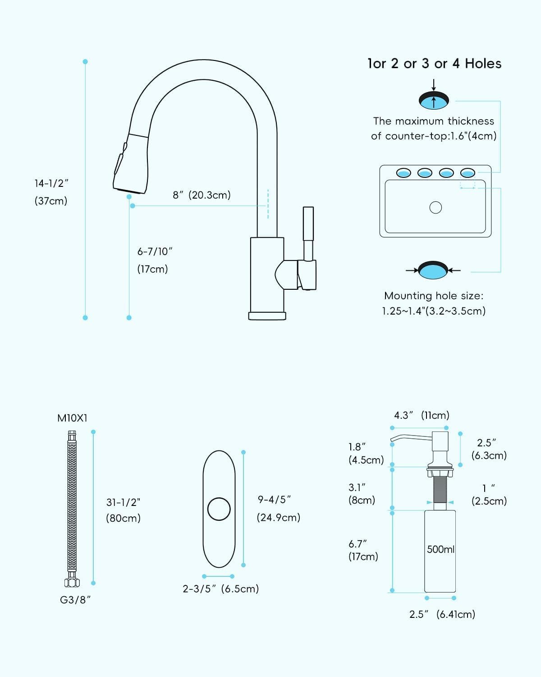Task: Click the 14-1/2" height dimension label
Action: [x=51, y=184]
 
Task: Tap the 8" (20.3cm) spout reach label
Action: [x=202, y=195]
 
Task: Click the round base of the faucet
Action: [x=267, y=315]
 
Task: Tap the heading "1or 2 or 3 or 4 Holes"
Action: [x=434, y=64]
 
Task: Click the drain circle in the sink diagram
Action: [x=436, y=207]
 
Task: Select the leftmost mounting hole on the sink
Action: [x=403, y=173]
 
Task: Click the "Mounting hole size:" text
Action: [x=433, y=296]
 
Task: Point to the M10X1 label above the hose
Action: [x=72, y=418]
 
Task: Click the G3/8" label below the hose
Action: [x=75, y=600]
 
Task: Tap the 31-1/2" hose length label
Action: [x=123, y=502]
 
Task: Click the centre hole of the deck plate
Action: [x=219, y=509]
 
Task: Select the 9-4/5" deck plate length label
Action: [x=274, y=500]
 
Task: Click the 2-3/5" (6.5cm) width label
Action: [x=220, y=589]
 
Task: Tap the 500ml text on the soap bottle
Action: [x=440, y=549]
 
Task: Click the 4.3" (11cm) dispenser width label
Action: [x=422, y=415]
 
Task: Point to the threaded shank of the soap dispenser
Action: [x=440, y=491]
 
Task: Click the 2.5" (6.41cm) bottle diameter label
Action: [x=442, y=614]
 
